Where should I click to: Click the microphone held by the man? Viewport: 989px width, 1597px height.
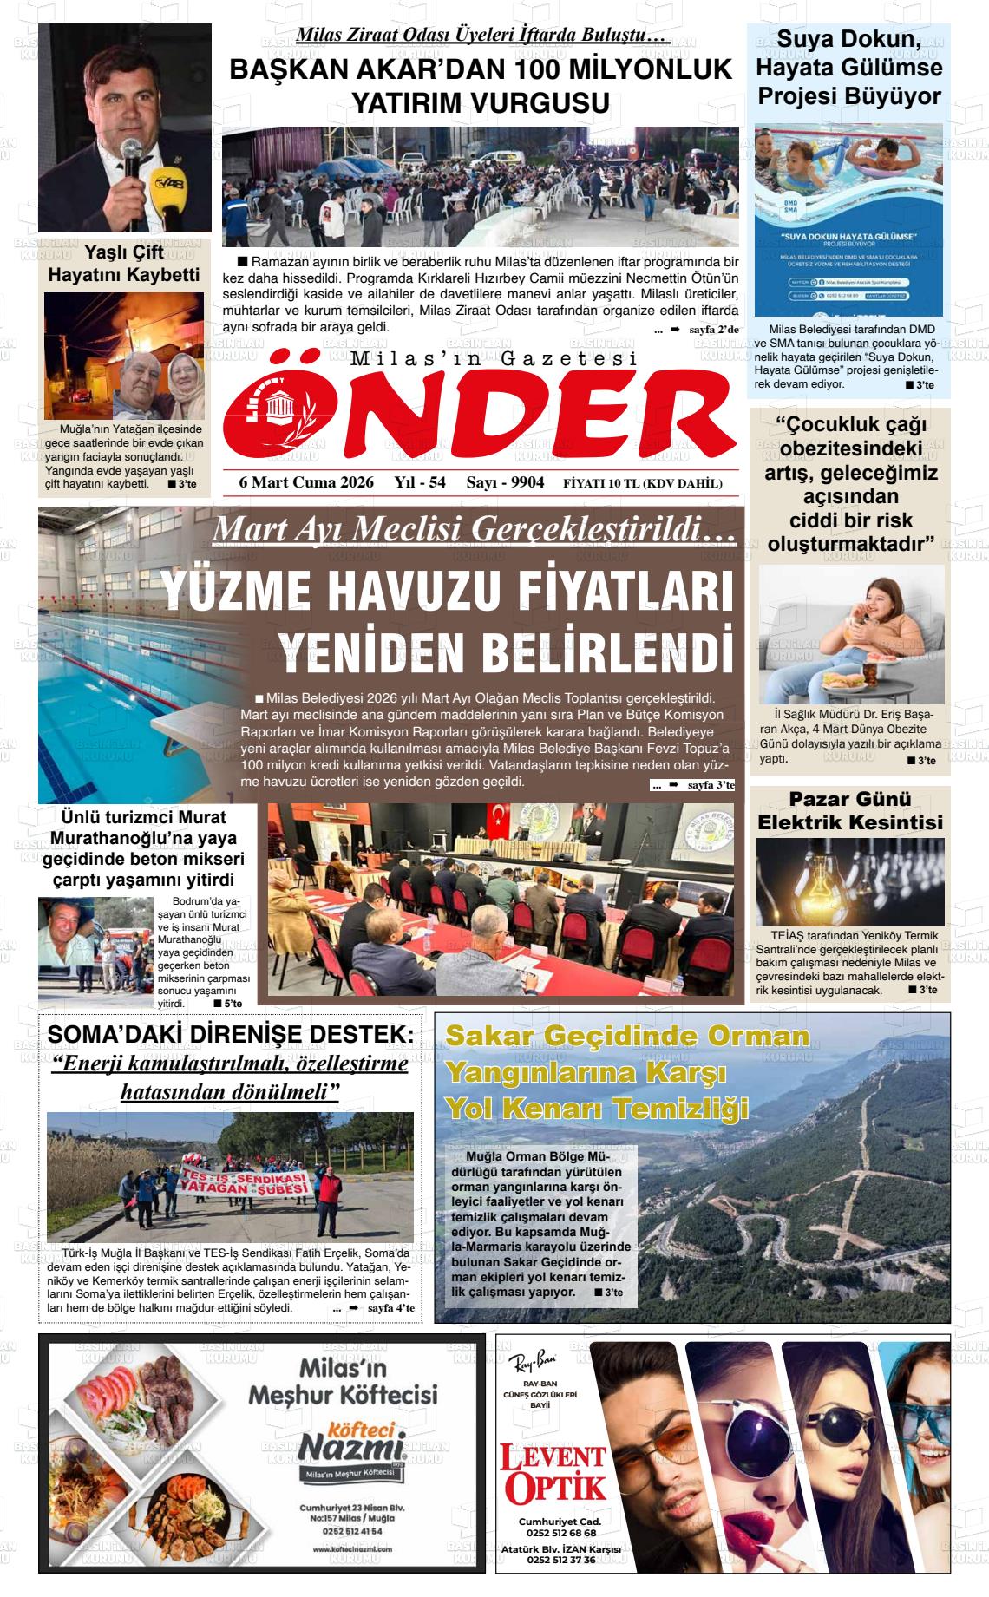(x=131, y=160)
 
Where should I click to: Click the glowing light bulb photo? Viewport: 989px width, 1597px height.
(x=849, y=881)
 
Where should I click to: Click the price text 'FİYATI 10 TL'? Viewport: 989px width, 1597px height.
(x=599, y=483)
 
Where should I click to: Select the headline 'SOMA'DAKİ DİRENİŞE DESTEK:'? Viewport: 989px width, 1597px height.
(x=230, y=1034)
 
